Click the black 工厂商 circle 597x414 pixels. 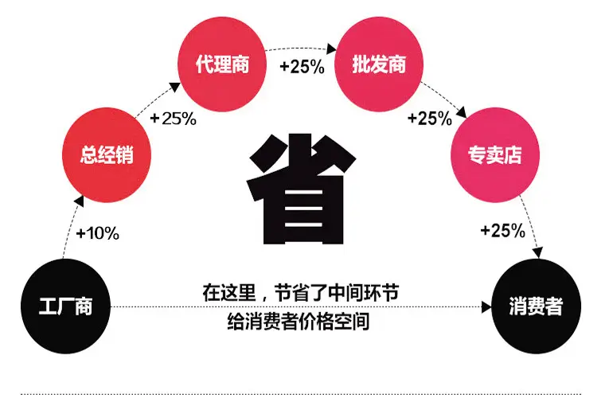(65, 307)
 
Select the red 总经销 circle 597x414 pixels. (107, 155)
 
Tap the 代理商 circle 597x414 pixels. (222, 64)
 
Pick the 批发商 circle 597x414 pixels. (379, 64)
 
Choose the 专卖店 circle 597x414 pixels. (495, 155)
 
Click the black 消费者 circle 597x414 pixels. (537, 307)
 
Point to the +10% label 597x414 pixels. (98, 233)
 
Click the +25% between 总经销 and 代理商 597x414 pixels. (174, 119)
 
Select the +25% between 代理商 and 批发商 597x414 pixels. (302, 67)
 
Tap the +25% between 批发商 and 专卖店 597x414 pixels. (430, 119)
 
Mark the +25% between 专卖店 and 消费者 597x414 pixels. (503, 230)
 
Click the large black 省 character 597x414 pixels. (301, 189)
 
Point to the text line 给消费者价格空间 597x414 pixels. (298, 322)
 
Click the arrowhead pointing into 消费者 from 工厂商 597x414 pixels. (486, 307)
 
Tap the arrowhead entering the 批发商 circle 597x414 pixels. (331, 49)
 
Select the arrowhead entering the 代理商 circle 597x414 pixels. (175, 88)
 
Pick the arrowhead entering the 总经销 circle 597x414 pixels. (79, 201)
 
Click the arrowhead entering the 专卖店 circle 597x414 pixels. (462, 112)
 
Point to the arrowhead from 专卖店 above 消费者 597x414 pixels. (537, 252)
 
